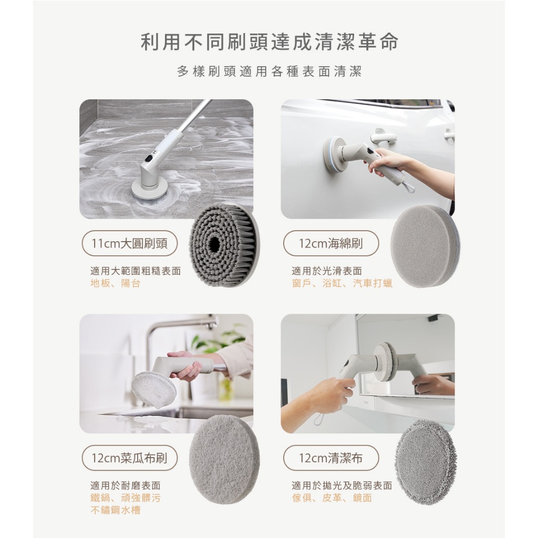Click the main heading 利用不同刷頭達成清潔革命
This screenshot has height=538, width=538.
pos(269,43)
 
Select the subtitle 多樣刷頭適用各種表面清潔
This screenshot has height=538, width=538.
pos(269,72)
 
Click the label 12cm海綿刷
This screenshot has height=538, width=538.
pos(331,243)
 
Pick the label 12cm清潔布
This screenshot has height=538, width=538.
pos(331,458)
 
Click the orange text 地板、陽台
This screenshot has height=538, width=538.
pos(115,284)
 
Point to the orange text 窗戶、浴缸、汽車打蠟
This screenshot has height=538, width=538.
pos(342,284)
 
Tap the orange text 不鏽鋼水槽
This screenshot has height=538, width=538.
pos(115,510)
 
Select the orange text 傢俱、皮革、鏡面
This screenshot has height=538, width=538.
pos(332,498)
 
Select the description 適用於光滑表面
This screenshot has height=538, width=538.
pos(327,271)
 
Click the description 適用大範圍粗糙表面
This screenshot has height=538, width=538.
pos(136,271)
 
